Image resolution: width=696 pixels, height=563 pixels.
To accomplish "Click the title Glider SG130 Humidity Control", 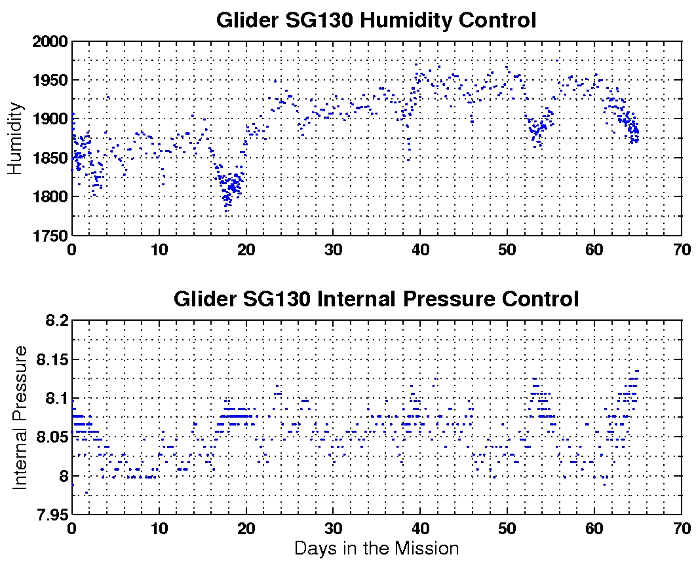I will pos(376,20).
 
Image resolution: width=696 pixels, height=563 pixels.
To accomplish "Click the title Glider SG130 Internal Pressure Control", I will pos(376,299).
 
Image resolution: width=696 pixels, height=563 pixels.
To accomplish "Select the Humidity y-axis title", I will pos(16,138).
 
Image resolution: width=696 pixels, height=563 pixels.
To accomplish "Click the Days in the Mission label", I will pos(376,548).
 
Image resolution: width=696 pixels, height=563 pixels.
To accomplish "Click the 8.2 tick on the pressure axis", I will pos(56,321).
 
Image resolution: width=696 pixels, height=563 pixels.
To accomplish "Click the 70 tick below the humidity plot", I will pos(682,249).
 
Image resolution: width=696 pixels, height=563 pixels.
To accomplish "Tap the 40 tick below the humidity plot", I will pos(420,249).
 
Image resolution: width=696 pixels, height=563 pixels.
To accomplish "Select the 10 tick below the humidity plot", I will pos(159,249).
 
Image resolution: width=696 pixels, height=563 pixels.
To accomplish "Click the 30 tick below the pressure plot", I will pos(333,528).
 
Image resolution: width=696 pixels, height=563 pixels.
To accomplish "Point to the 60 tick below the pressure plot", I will pos(594,528).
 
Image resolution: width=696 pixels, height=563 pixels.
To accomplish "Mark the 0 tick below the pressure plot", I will pos(72,528).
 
